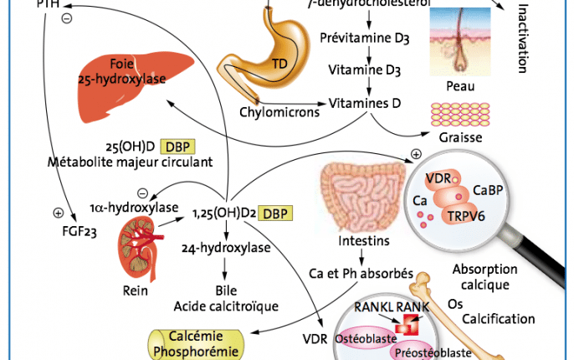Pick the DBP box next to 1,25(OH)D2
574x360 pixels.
277,213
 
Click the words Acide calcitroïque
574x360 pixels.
225,306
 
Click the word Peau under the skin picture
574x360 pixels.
462,85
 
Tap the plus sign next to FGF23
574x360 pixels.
58,212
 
